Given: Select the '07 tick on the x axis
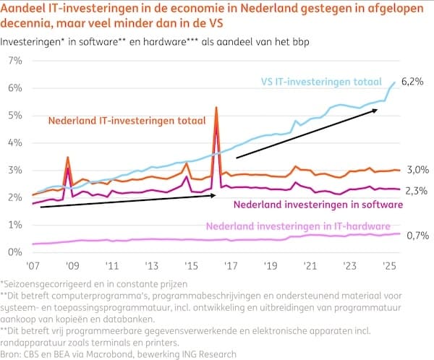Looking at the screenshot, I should [34, 265].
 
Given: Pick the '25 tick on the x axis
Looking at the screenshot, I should [387, 265].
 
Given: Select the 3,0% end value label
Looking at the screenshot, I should [418, 170].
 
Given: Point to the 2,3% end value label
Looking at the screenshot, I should [418, 190].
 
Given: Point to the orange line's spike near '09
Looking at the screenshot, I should [67, 157].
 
